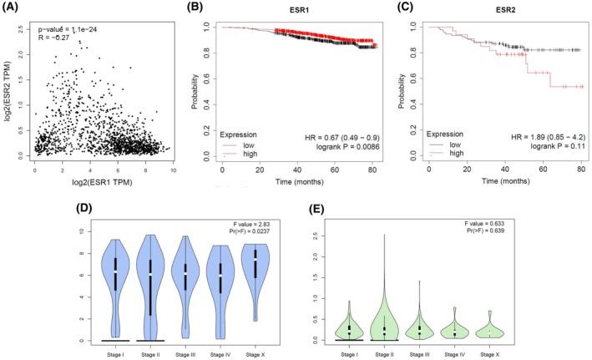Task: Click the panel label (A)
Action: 14,10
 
